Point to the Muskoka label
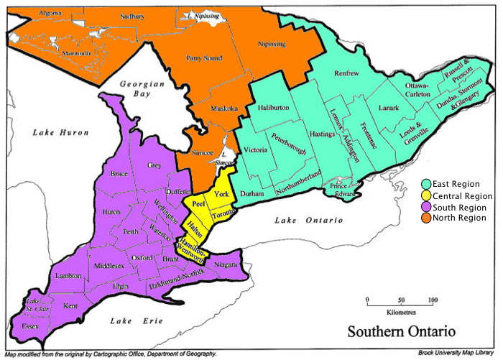[x=224, y=109]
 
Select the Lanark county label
[x=389, y=108]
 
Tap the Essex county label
[x=30, y=326]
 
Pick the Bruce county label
[x=119, y=174]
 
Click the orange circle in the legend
[x=426, y=218]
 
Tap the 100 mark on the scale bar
[x=432, y=300]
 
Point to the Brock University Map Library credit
[x=458, y=354]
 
